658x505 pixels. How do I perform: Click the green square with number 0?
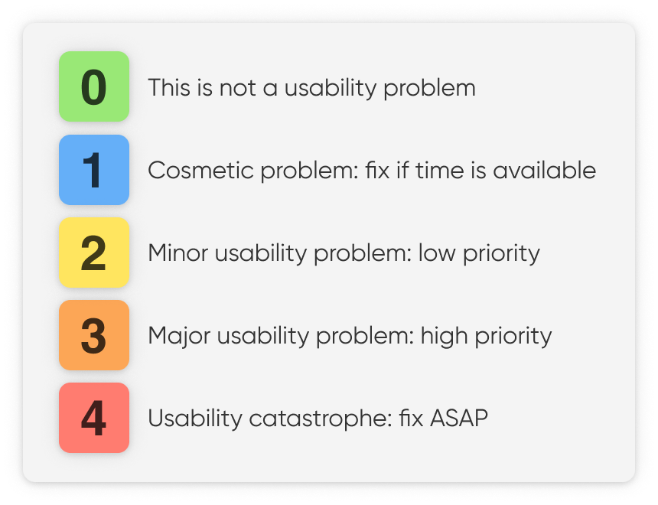click(94, 86)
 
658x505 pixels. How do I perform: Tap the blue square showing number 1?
click(94, 170)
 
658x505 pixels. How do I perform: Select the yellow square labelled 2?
click(94, 252)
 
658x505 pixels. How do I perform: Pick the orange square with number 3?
click(94, 335)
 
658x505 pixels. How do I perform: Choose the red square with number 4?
click(94, 418)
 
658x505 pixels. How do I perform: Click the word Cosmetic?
click(201, 171)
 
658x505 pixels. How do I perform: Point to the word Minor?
click(178, 253)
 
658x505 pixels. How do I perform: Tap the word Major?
click(180, 337)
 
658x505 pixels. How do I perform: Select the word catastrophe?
click(321, 419)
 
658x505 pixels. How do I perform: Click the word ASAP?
click(459, 419)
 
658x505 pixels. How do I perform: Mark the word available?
click(544, 171)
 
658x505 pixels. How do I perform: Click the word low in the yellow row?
click(437, 253)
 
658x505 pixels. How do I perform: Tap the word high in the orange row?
click(444, 337)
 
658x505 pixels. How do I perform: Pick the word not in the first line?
click(237, 88)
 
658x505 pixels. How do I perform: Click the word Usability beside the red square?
click(195, 419)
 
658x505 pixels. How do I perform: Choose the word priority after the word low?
click(501, 254)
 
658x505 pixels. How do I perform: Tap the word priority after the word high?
click(513, 337)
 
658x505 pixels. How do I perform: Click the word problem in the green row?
click(429, 89)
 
